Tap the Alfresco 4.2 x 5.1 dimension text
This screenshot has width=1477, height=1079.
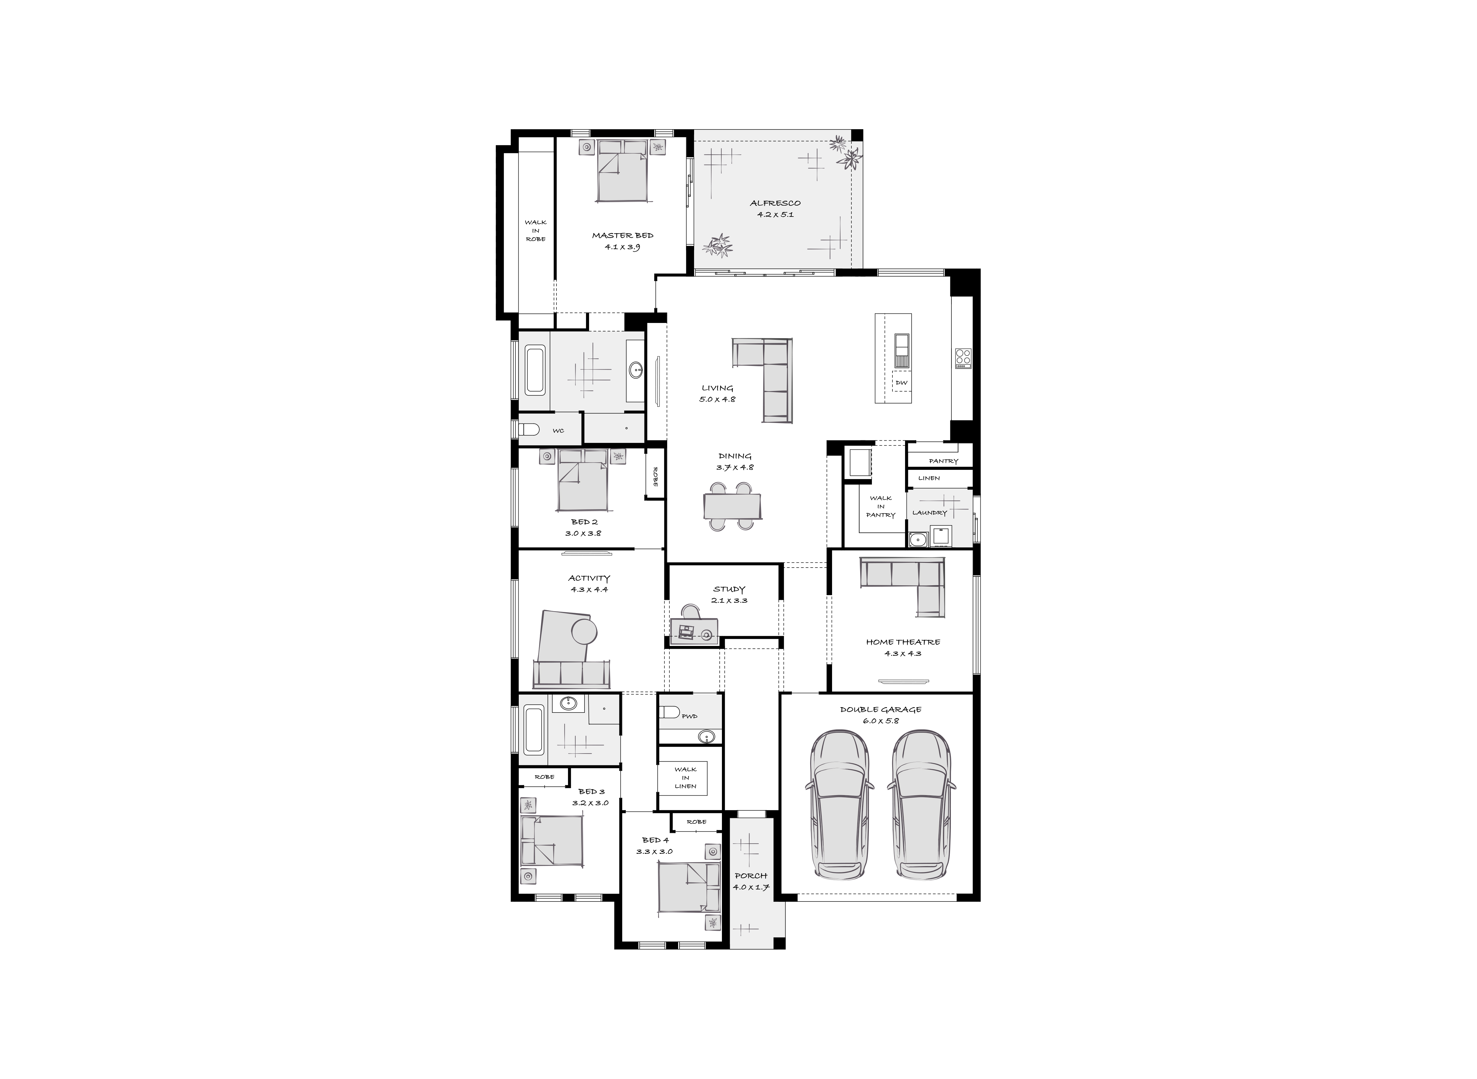click(775, 214)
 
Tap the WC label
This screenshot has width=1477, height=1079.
click(558, 431)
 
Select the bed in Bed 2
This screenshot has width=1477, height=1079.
click(582, 483)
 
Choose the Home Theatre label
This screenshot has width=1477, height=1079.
click(903, 642)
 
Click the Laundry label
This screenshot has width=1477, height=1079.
click(930, 513)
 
